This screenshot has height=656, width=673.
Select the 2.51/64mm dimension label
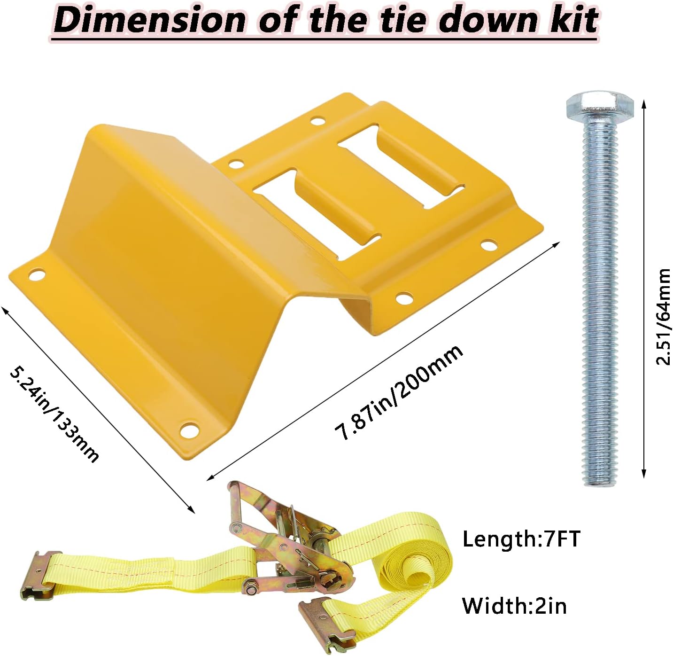point(663,317)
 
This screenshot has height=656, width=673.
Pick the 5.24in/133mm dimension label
point(54,414)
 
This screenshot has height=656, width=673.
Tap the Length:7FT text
point(521,539)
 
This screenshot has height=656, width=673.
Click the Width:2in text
point(514,606)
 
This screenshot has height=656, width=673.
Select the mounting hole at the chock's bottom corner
point(190,429)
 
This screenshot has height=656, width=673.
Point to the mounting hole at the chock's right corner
point(488,245)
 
